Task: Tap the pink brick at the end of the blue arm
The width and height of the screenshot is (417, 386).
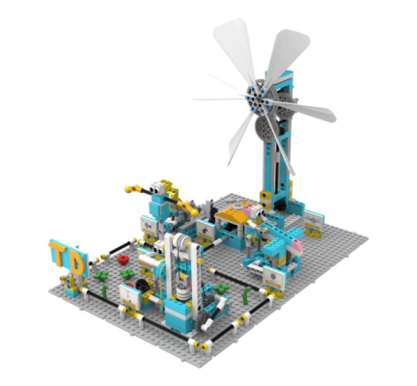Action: coord(296,246)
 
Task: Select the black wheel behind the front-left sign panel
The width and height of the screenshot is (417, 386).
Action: coord(142,286)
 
